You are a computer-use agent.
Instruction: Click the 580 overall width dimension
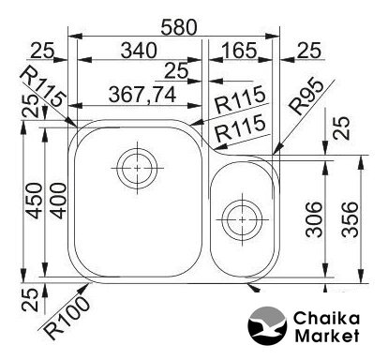pyautogui.click(x=179, y=27)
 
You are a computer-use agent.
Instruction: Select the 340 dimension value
pyautogui.click(x=139, y=51)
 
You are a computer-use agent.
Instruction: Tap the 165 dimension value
pyautogui.click(x=239, y=51)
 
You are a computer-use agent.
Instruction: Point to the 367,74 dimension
pyautogui.click(x=142, y=95)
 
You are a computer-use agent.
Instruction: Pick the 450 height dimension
pyautogui.click(x=34, y=201)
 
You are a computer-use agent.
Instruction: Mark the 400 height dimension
pyautogui.click(x=58, y=201)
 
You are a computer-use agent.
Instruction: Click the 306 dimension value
pyautogui.click(x=313, y=219)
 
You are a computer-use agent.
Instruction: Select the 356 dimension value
pyautogui.click(x=350, y=219)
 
